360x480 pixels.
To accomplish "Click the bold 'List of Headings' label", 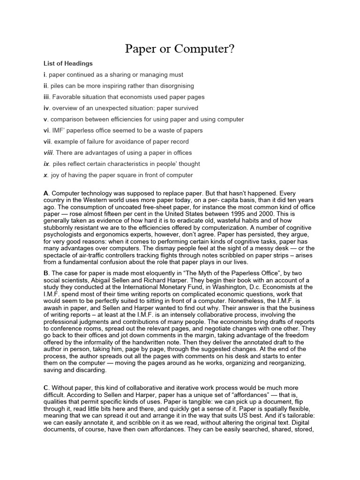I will tap(68, 63).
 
